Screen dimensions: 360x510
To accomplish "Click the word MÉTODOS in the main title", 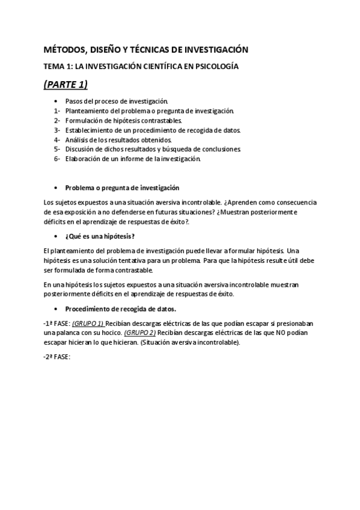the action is coord(66,50).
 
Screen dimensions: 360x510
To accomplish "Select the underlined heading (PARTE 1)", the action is coord(66,84).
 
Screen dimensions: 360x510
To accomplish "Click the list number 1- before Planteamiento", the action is coord(56,111).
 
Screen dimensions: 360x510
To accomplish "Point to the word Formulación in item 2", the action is coord(84,121).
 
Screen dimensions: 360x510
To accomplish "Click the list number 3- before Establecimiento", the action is coord(56,130).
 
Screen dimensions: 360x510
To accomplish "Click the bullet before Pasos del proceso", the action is coord(56,102).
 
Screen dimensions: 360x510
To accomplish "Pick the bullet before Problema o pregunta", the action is coord(56,188).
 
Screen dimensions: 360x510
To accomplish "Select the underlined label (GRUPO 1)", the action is coord(88,324).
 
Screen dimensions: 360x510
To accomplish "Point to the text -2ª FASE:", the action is coord(57,357).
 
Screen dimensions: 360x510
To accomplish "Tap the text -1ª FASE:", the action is coord(57,324).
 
